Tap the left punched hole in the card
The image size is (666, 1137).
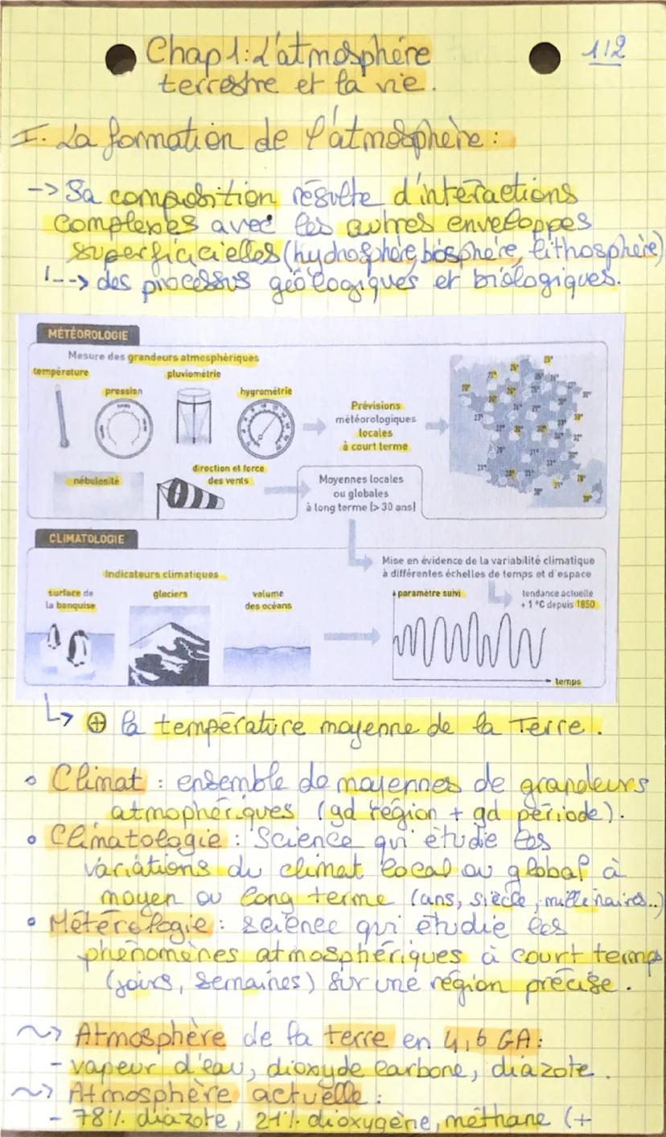pos(121,60)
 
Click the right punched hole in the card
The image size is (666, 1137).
pos(545,58)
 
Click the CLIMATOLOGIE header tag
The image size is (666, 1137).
pos(86,539)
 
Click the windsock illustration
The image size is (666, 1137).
pos(189,495)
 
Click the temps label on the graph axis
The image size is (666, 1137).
pos(568,681)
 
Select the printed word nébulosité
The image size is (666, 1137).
pos(97,479)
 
